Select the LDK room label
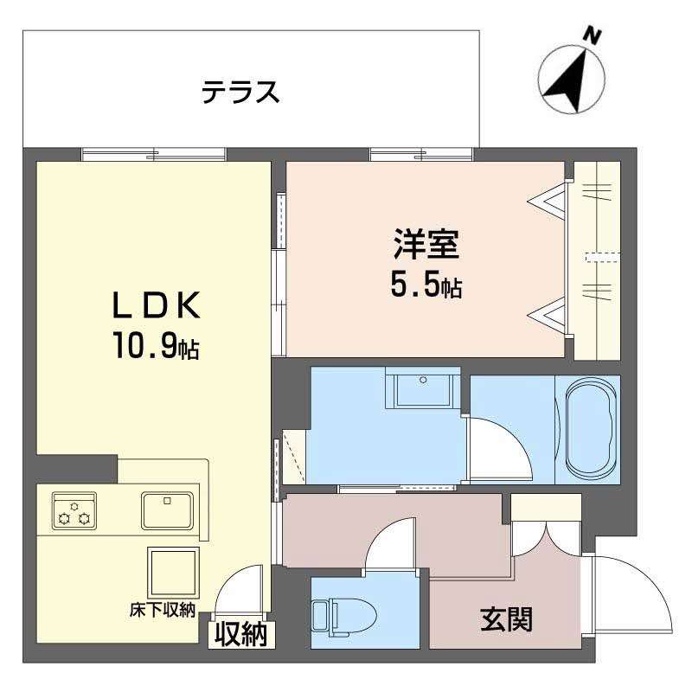[x=155, y=305]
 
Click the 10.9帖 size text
[x=155, y=347]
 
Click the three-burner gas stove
[x=74, y=510]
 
